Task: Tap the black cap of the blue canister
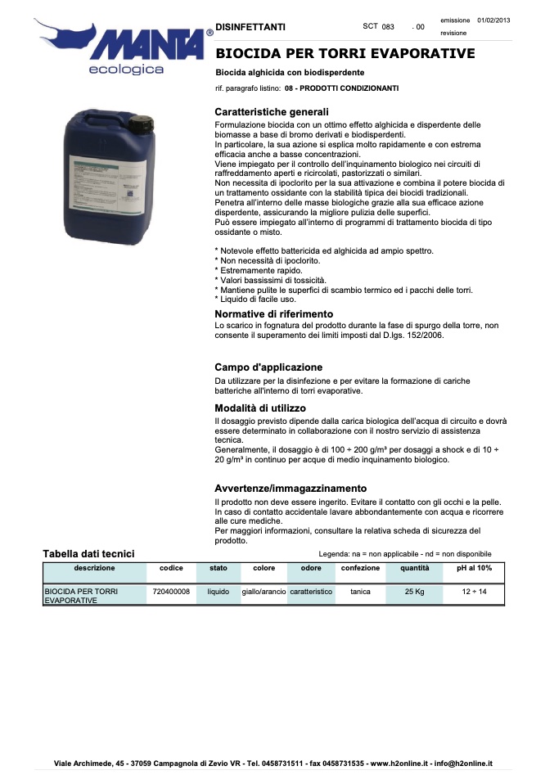(x=144, y=124)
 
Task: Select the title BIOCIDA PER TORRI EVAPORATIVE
(x=345, y=54)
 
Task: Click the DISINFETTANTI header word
(x=250, y=27)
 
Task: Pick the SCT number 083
(x=389, y=27)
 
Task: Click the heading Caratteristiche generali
(x=272, y=111)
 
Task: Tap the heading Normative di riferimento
(x=273, y=314)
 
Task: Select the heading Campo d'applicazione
(x=268, y=367)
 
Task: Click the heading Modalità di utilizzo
(x=260, y=408)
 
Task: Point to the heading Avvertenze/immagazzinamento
(x=291, y=489)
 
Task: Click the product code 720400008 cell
(x=171, y=591)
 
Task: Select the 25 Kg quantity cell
(x=414, y=591)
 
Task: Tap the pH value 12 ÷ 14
(x=474, y=591)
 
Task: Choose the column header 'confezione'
(x=360, y=567)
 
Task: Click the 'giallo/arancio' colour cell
(x=263, y=591)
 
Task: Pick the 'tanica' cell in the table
(x=360, y=591)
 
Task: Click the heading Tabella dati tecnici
(x=88, y=553)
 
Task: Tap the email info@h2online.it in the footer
(x=462, y=764)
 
